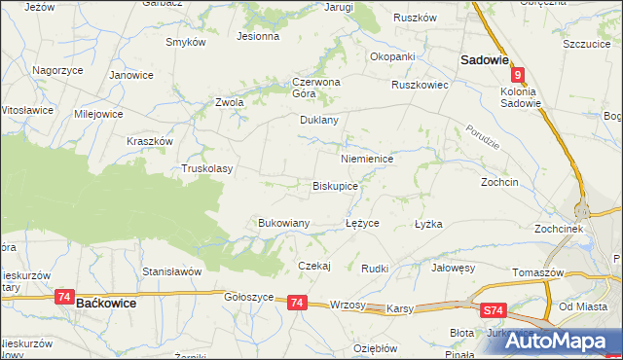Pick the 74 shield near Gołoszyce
pos(297,304)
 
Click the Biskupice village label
pos(335,185)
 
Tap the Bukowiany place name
pos(283,223)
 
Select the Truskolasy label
pos(207,168)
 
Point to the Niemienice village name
pos(367,158)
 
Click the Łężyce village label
pos(362,223)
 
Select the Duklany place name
pos(318,121)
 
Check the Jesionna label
pos(258,36)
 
